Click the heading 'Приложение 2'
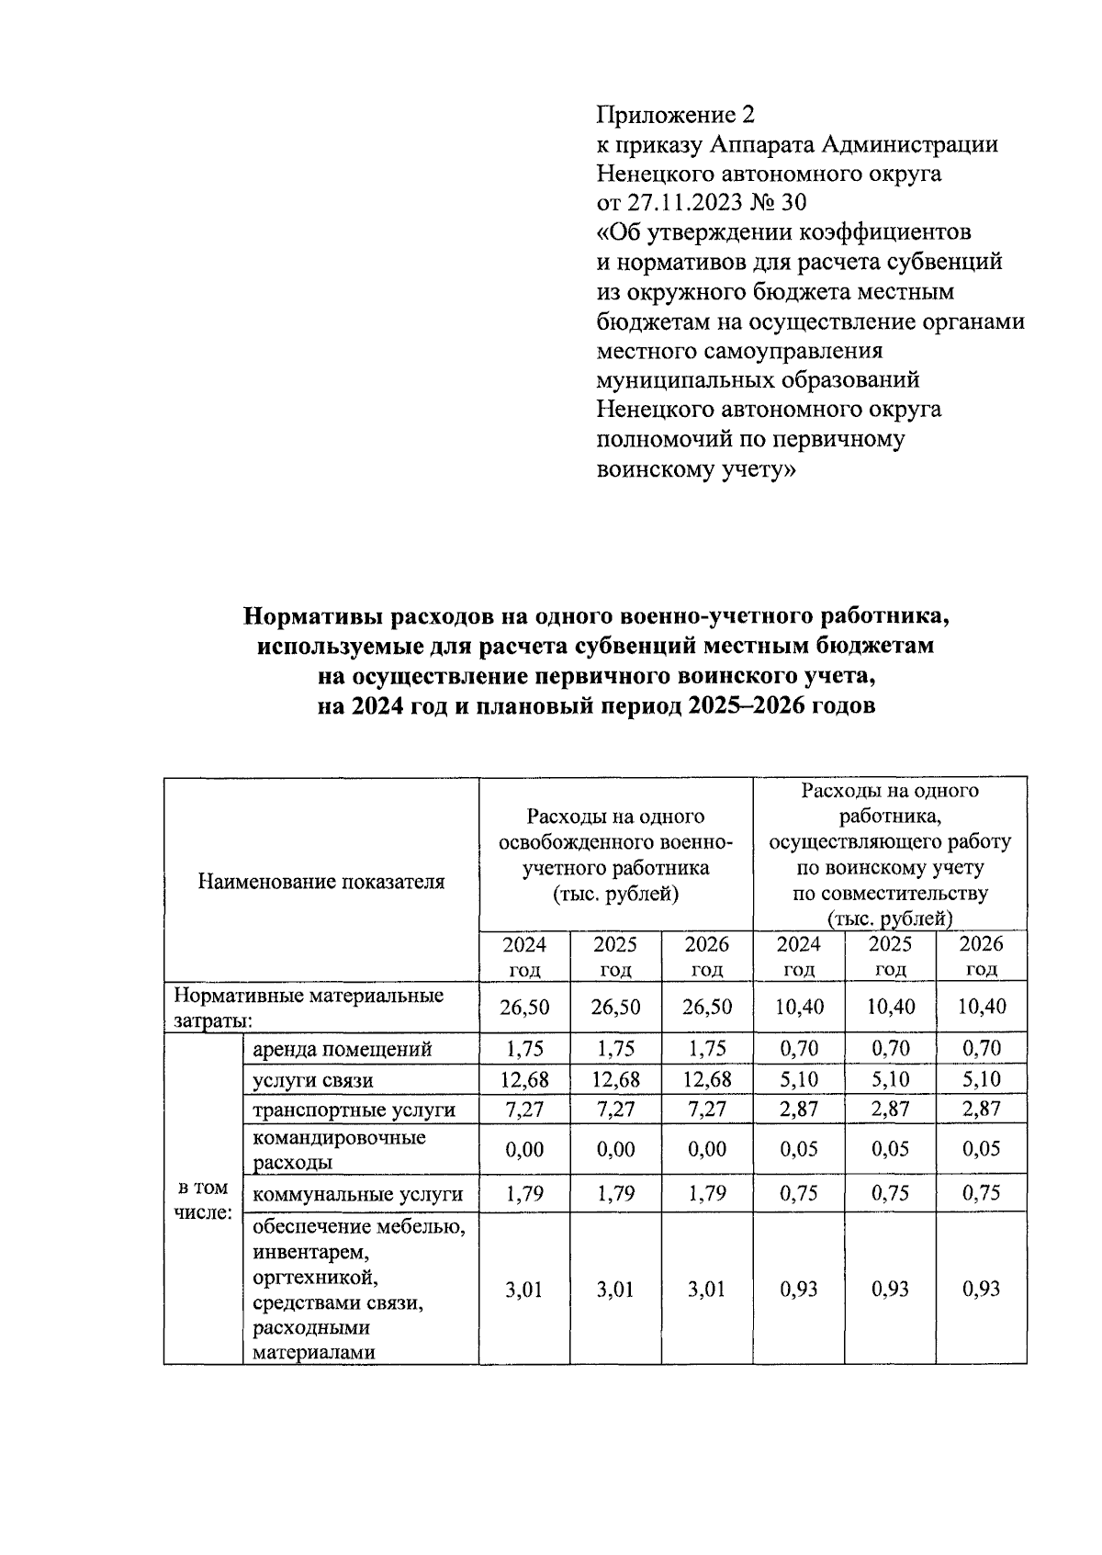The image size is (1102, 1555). coord(675,115)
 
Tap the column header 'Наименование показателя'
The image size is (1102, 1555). coord(321,882)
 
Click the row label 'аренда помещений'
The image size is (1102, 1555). coord(342,1049)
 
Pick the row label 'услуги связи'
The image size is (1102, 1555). coord(312,1080)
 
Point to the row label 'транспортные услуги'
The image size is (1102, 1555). coord(354,1110)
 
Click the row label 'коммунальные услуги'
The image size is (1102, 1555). coord(357,1195)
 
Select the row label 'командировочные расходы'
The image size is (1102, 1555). coord(339,1150)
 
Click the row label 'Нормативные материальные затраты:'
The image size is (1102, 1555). coord(309,1008)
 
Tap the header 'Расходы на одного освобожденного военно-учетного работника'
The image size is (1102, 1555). coord(614,854)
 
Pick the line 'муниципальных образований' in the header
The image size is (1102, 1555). coord(758,379)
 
